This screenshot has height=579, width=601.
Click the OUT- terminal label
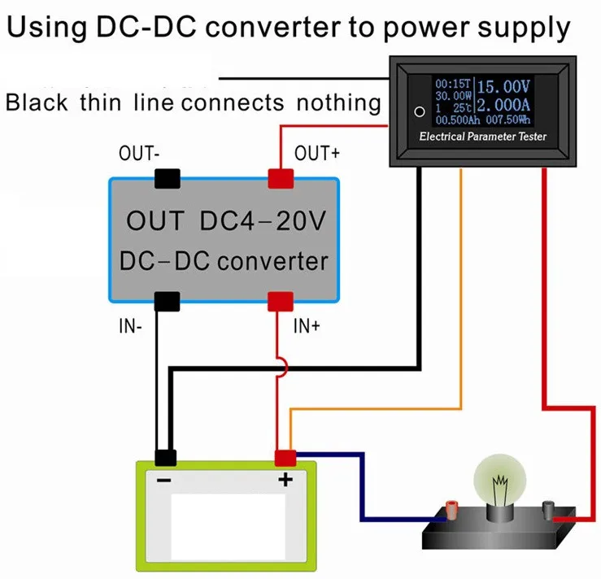pos(139,153)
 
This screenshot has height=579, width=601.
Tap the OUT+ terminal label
pos(317,153)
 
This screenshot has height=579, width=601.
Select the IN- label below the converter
pos(130,326)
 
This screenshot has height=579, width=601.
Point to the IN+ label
pos(307,326)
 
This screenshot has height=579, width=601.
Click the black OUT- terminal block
pos(167,179)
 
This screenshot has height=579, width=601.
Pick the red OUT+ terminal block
pos(281,179)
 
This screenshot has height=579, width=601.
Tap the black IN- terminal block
pos(167,301)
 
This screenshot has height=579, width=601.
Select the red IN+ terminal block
pos(281,301)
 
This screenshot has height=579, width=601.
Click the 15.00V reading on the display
pos(503,86)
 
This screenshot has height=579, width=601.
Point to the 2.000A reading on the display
pos(503,105)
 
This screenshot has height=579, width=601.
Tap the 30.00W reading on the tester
pos(453,96)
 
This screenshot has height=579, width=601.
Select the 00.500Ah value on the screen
pos(458,120)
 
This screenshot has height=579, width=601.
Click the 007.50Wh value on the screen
pos(508,120)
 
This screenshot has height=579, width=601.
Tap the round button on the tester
pos(420,111)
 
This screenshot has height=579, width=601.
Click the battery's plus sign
pos(285,479)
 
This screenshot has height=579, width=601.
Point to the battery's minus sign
pos(164,480)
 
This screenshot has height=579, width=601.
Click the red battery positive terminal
pos(285,459)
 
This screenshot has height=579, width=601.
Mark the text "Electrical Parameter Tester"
pos(482,137)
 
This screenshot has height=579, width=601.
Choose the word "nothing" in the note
pos(339,103)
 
